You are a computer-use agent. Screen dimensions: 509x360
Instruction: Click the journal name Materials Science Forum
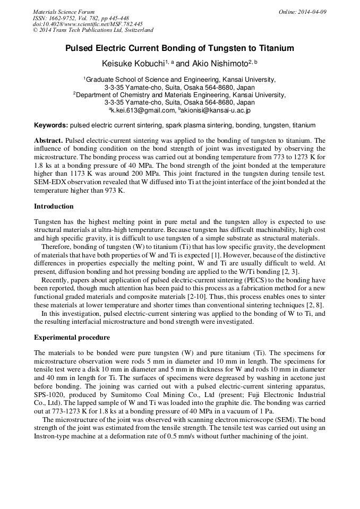pos(64,12)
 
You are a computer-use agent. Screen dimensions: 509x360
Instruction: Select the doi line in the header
pos(88,24)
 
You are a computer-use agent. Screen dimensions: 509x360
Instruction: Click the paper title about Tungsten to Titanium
pos(179,48)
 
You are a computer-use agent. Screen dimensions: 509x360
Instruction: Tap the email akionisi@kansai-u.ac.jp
pos(216,110)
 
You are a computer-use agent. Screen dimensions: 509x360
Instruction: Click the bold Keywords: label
pos(51,126)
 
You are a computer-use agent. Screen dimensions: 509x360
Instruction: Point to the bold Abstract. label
pos(49,141)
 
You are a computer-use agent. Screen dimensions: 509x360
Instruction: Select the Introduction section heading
pos(54,206)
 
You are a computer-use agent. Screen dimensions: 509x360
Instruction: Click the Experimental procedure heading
pos(72,337)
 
